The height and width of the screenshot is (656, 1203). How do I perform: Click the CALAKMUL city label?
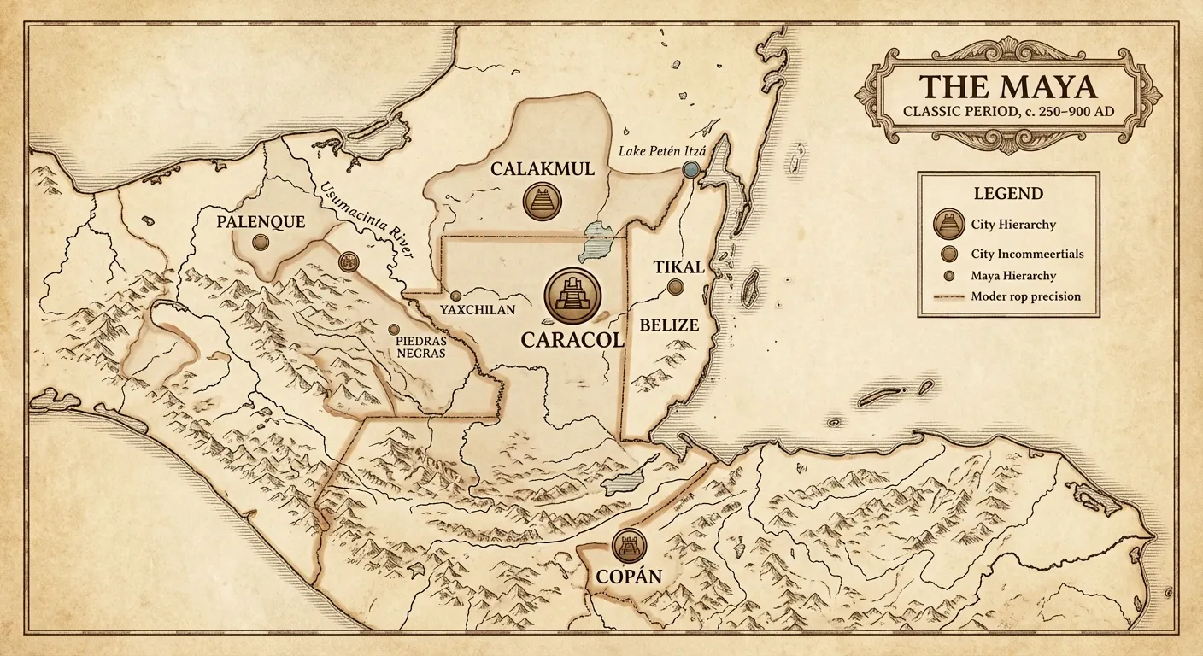pyautogui.click(x=542, y=169)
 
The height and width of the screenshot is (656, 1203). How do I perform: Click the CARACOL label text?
pyautogui.click(x=572, y=339)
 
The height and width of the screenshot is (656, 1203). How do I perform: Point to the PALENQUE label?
pyautogui.click(x=261, y=221)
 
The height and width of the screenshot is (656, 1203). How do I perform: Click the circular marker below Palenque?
pyautogui.click(x=261, y=243)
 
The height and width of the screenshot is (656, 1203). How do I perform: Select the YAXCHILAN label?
pyautogui.click(x=478, y=310)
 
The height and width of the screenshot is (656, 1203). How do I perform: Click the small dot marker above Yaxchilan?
pyautogui.click(x=455, y=296)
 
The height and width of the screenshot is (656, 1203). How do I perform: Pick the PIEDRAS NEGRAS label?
pyautogui.click(x=420, y=346)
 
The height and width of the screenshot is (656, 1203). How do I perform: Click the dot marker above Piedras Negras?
pyautogui.click(x=394, y=329)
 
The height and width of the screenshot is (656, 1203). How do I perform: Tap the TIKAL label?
pyautogui.click(x=678, y=266)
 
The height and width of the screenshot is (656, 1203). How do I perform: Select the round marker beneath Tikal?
pyautogui.click(x=676, y=288)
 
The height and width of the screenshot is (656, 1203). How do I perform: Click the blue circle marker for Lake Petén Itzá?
pyautogui.click(x=691, y=171)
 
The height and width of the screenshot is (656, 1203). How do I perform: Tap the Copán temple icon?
pyautogui.click(x=630, y=546)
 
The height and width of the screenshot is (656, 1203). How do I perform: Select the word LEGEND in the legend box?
pyautogui.click(x=1008, y=193)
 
